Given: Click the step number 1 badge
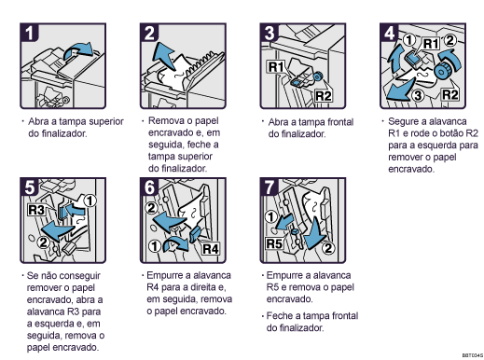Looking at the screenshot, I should click(x=32, y=35).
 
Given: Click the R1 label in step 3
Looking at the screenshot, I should click(x=276, y=67).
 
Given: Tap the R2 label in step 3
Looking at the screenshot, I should click(x=323, y=95).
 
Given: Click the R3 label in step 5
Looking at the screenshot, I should click(x=36, y=211).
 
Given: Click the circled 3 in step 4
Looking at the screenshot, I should click(x=418, y=95).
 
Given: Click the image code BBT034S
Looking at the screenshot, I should click(x=469, y=354).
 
